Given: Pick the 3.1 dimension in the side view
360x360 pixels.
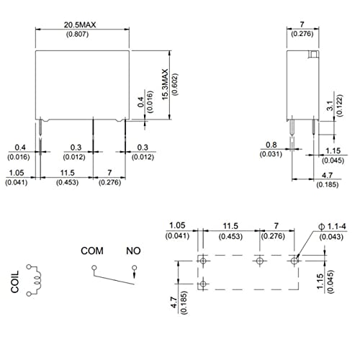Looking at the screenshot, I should pyautogui.click(x=330, y=107).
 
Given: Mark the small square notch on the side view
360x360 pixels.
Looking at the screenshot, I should pyautogui.click(x=312, y=55).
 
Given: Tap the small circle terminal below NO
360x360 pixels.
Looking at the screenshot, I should pyautogui.click(x=134, y=270).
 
